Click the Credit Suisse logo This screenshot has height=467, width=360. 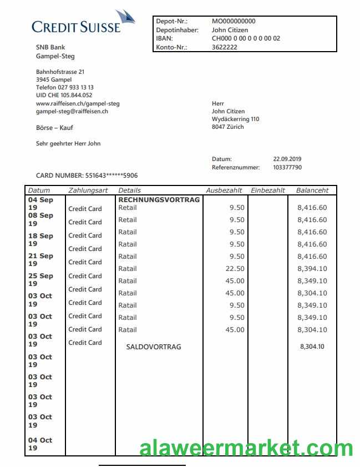(x=83, y=23)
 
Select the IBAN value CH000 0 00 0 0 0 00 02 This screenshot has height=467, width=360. (x=246, y=39)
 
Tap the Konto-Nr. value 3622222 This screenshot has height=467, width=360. (x=225, y=48)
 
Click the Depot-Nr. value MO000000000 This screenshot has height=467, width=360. (x=234, y=22)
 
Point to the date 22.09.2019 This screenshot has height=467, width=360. (x=287, y=159)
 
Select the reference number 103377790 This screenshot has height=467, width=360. (x=287, y=167)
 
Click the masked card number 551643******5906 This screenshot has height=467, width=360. (x=111, y=175)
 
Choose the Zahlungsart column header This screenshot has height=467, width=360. (x=88, y=190)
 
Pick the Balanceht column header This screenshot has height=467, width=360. (x=312, y=190)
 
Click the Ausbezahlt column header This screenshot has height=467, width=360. (x=224, y=190)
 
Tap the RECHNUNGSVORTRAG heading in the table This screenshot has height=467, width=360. (x=159, y=199)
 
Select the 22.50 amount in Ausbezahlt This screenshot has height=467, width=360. (x=235, y=269)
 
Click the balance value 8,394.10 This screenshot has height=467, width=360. (x=312, y=269)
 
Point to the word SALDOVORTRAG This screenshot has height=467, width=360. (x=154, y=347)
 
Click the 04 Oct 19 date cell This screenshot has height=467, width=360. (x=40, y=444)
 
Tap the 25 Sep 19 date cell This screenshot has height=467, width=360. (x=40, y=280)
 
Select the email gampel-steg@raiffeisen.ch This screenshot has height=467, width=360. (x=72, y=112)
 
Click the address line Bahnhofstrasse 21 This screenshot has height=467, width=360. (x=60, y=72)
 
